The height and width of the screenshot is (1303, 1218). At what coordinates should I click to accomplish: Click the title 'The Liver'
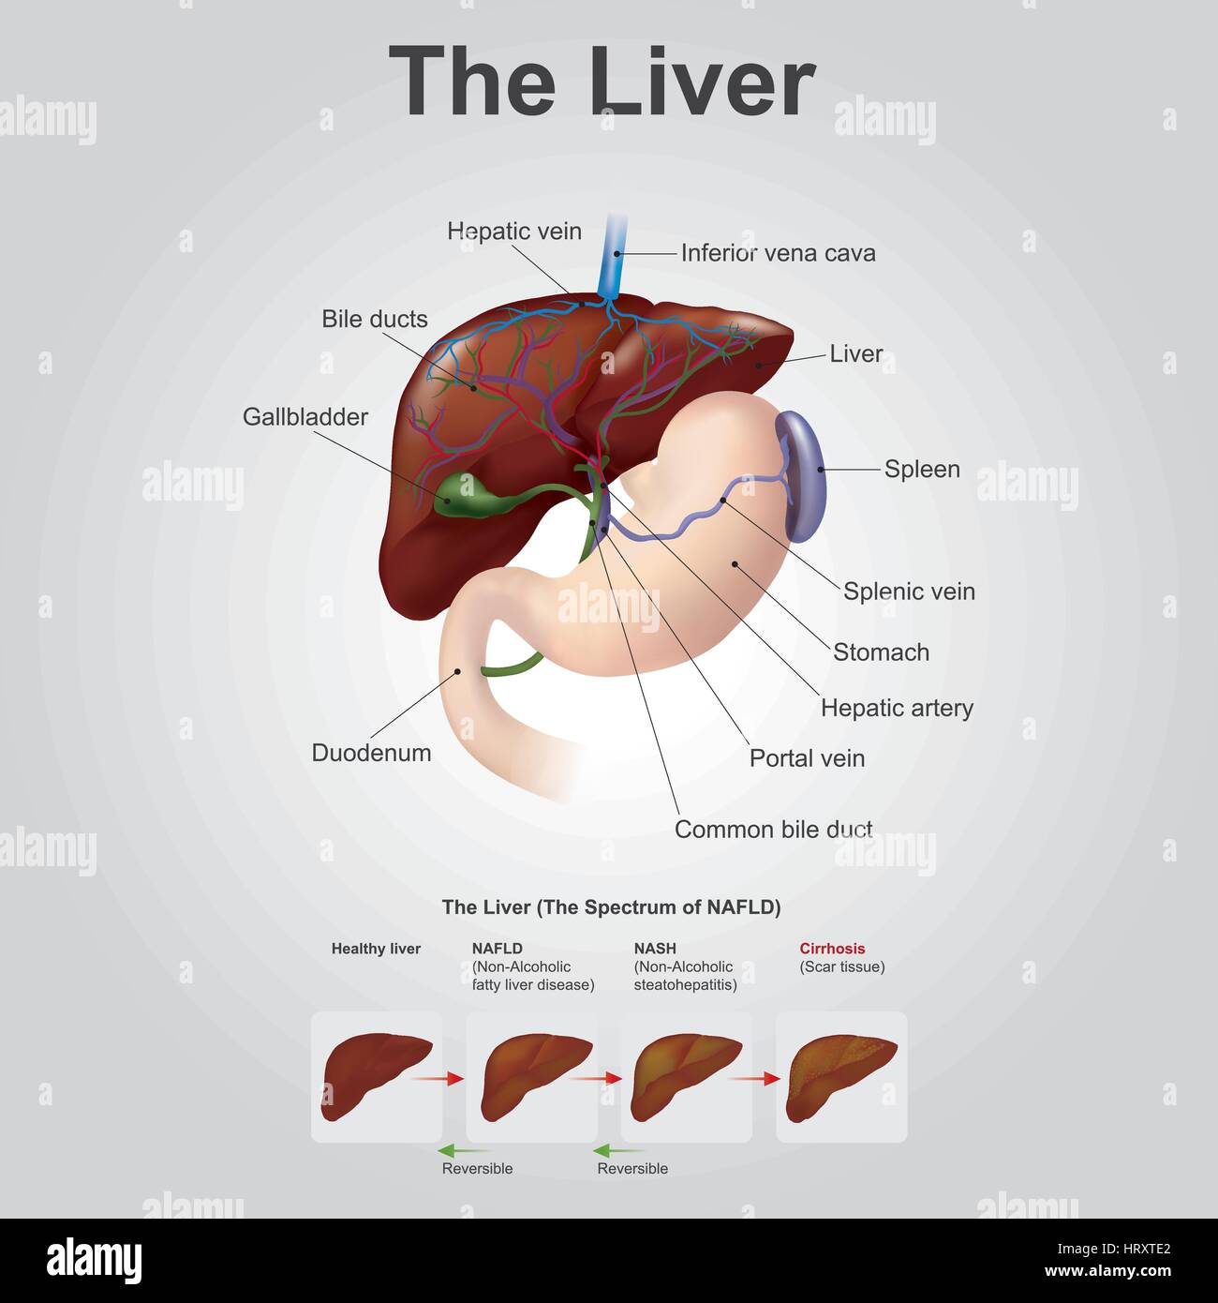click(602, 81)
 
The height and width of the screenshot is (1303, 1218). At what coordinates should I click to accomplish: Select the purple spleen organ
click(801, 475)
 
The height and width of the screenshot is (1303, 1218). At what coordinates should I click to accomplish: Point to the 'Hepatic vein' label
click(514, 231)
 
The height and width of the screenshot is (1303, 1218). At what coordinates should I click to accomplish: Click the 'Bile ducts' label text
click(375, 319)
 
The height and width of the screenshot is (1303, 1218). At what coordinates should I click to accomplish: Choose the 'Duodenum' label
click(371, 753)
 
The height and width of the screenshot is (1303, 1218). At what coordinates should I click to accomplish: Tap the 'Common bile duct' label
click(773, 830)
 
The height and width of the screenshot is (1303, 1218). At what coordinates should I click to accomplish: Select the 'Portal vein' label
click(807, 758)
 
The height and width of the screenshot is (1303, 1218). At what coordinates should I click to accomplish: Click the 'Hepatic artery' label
click(897, 708)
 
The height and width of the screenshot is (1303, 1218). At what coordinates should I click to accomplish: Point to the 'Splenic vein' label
click(909, 592)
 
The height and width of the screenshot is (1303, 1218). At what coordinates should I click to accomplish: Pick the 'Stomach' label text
click(881, 652)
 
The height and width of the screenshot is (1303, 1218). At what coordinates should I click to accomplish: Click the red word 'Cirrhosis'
click(832, 948)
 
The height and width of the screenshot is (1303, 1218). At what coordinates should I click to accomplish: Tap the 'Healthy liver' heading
click(376, 949)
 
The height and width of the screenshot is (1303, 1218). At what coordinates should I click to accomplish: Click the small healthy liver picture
click(377, 1077)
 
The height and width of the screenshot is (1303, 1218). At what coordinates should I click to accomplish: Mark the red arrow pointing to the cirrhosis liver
click(755, 1078)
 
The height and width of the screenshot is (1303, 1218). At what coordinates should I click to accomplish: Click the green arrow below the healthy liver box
click(463, 1150)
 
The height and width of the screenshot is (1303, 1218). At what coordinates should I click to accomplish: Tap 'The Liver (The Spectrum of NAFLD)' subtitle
click(611, 907)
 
